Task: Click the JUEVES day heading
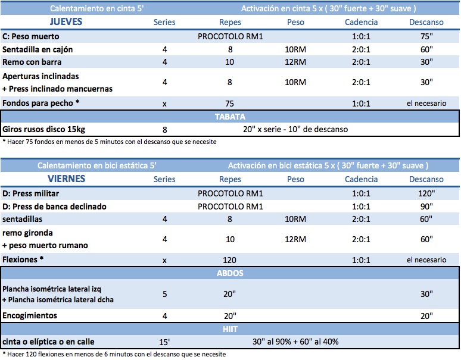coord(66,22)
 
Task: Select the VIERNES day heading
coord(67,179)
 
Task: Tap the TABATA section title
coord(230,117)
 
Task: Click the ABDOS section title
coord(230,273)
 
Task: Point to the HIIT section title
coord(230,329)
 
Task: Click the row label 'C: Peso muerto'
coord(30,36)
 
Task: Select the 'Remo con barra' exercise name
coord(32,62)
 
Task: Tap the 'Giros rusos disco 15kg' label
coord(44,129)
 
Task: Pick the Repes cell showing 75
coord(230,104)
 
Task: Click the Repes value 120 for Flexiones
coord(230,260)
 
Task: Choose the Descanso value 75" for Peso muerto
coord(426,36)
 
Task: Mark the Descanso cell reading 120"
coord(426,193)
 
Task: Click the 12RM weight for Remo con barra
coord(295,62)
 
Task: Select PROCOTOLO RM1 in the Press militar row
coord(230,193)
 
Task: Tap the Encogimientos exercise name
coord(30,315)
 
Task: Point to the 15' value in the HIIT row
coord(164,342)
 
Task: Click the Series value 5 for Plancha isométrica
coord(164,294)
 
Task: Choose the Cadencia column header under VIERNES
coord(362,179)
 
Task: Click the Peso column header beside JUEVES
coord(295,22)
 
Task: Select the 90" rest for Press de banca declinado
coord(426,206)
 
